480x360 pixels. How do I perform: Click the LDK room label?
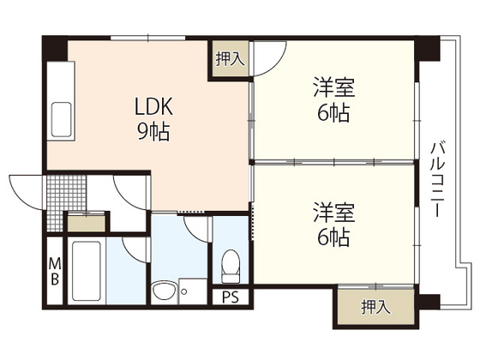click(154, 106)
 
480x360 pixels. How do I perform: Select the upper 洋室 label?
click(333, 87)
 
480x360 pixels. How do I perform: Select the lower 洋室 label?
click(333, 211)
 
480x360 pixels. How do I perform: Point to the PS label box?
click(230, 297)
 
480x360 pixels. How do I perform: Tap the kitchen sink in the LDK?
click(63, 117)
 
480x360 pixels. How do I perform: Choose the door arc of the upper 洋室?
click(267, 58)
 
